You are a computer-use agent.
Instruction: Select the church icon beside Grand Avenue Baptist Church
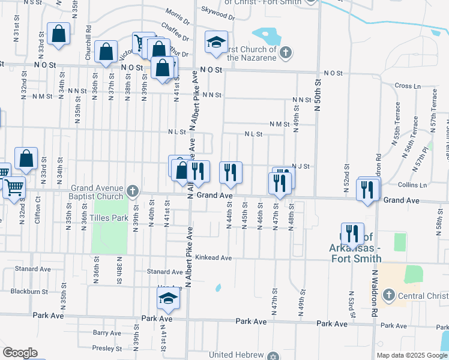133,192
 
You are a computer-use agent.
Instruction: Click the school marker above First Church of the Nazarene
216,42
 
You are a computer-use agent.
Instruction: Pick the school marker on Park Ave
169,298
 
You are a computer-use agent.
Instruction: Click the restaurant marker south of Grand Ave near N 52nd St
352,234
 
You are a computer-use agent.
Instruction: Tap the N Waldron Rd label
374,293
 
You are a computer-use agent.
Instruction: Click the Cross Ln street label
408,86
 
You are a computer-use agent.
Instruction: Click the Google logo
20,353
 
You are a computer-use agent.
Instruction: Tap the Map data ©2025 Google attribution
411,355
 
